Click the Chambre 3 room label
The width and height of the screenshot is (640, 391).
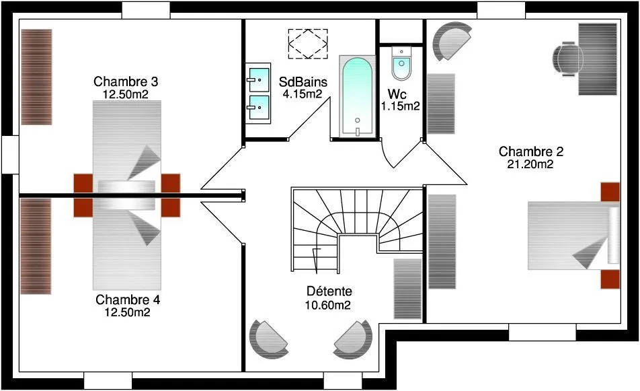tap(126, 81)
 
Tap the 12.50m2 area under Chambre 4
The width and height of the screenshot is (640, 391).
tap(127, 312)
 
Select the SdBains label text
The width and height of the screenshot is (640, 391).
tap(303, 81)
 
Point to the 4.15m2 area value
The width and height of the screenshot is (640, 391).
tap(303, 94)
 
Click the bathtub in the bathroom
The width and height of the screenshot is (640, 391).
tap(357, 96)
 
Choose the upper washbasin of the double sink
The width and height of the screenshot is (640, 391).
tap(259, 79)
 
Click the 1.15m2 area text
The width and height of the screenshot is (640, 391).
tap(401, 106)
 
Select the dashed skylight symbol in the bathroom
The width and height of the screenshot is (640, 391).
tap(308, 44)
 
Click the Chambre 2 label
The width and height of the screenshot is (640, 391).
tap(531, 151)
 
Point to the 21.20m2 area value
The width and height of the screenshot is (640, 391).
tap(530, 164)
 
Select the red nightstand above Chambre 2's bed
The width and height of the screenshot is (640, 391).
tap(610, 192)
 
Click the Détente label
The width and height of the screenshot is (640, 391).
tap(329, 291)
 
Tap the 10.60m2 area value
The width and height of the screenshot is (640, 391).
tap(328, 305)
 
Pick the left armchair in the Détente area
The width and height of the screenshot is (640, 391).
tap(268, 340)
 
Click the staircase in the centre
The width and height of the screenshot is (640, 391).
tap(357, 230)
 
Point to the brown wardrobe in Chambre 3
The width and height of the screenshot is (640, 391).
tap(36, 77)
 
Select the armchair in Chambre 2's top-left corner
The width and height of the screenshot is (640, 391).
tap(452, 41)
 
